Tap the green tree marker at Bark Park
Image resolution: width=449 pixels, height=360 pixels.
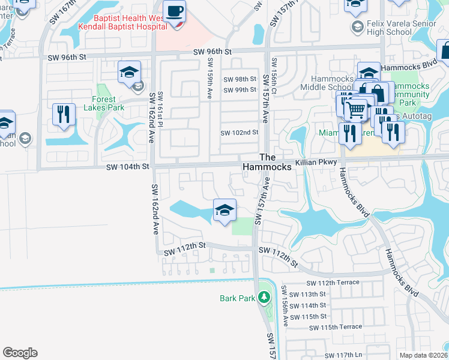(263, 297)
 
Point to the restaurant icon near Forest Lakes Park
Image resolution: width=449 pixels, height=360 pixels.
(64, 114)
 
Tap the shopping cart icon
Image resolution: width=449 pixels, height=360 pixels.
(355, 110)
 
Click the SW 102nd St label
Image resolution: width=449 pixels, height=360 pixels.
(239, 133)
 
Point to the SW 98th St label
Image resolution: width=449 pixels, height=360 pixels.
(240, 79)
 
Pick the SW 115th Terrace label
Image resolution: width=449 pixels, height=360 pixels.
(336, 327)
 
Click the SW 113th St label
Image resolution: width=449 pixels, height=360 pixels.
(307, 294)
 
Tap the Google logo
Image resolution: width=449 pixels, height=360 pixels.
(20, 353)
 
